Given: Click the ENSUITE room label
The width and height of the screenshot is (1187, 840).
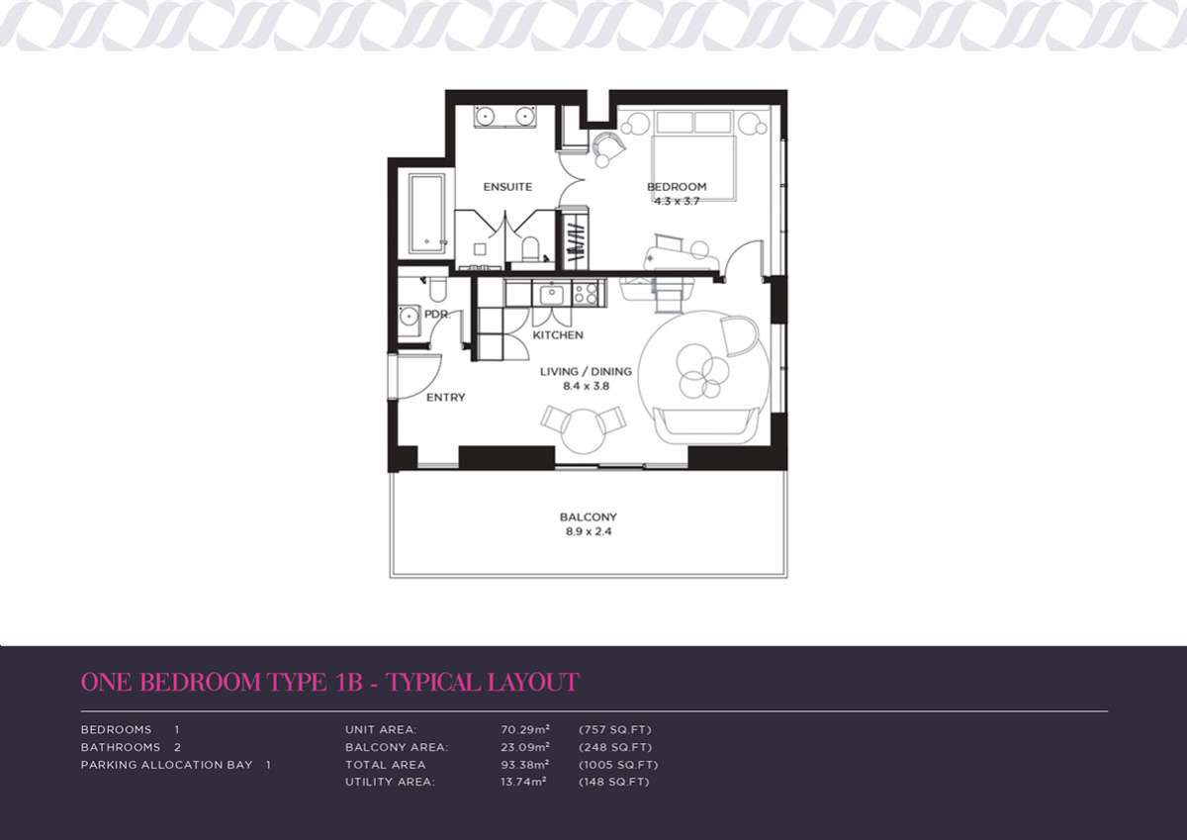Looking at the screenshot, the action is [x=507, y=187].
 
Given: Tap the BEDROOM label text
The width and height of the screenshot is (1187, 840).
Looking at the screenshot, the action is [x=677, y=187].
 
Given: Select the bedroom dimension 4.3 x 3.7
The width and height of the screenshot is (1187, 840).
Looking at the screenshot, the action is [x=677, y=202].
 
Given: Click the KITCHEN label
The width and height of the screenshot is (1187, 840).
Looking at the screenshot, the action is [x=558, y=335].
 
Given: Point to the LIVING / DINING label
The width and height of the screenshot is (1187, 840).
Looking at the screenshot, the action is [x=586, y=371].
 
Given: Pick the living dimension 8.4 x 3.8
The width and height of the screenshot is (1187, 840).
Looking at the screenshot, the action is [x=586, y=386].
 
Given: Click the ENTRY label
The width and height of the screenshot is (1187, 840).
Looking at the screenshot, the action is [x=446, y=398].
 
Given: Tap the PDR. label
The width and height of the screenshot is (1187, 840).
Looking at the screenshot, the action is [x=437, y=315].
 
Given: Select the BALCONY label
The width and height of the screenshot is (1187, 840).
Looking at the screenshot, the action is [x=589, y=516].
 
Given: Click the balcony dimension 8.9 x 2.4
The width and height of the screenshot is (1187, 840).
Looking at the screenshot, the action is [x=589, y=531].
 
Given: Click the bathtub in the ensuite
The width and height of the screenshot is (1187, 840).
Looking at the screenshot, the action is [x=426, y=214].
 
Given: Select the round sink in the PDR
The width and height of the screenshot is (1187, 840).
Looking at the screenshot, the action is [x=409, y=318].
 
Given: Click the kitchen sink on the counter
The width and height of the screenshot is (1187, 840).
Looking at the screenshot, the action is [x=552, y=294].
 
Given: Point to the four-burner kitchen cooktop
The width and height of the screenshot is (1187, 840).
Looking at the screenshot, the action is [x=586, y=294].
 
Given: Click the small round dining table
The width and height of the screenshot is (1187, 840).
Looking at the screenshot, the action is [x=584, y=430].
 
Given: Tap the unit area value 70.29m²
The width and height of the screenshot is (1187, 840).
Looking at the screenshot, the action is [x=525, y=730].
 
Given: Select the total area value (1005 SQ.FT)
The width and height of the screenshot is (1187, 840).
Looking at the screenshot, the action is [x=618, y=765].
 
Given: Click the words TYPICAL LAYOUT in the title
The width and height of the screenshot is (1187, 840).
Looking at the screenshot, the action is [x=484, y=682].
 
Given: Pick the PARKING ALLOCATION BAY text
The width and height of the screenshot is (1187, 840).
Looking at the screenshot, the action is [x=166, y=765].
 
